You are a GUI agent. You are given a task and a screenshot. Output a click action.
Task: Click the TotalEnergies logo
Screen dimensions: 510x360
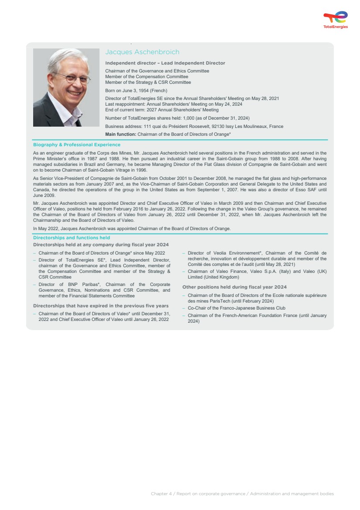point(336,20)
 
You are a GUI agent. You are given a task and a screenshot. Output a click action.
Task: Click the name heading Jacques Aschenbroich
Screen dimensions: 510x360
point(142,52)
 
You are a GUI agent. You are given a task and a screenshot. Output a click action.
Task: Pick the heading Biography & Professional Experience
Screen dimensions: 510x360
point(77,145)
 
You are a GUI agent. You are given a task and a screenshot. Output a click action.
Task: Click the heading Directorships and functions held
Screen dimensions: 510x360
point(72,238)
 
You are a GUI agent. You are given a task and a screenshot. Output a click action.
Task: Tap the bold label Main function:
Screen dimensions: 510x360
point(121,134)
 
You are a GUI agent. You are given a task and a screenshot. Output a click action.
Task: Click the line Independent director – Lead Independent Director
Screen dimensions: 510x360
point(165,63)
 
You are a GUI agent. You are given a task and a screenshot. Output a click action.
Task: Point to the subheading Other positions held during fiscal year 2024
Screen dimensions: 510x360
point(234,287)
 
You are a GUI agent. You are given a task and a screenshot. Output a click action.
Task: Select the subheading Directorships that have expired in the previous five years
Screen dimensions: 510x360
point(101,306)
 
